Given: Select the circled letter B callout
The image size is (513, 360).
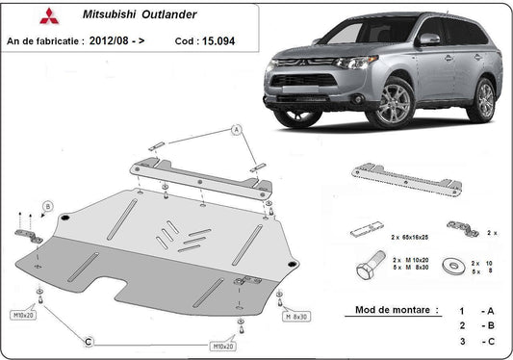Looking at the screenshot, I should pyautogui.click(x=48, y=206).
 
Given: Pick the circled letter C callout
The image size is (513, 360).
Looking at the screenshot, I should pyautogui.click(x=87, y=340).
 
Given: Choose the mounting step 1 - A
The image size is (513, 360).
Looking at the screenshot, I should pyautogui.click(x=476, y=311).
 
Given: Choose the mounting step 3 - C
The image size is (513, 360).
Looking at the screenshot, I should pyautogui.click(x=476, y=342).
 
